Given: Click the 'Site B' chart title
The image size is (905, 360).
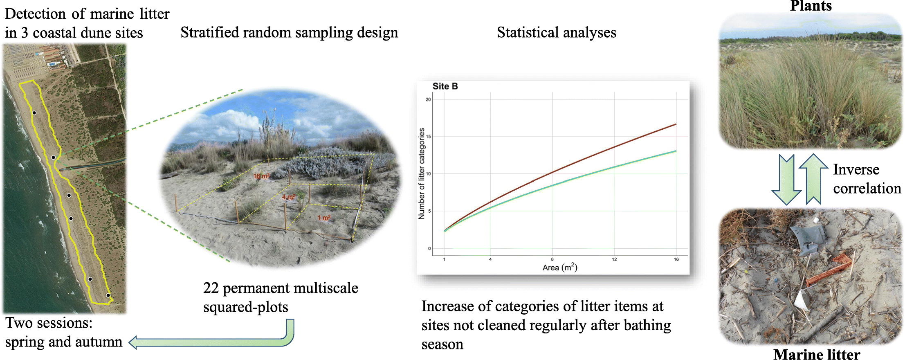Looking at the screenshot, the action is (x=445, y=86).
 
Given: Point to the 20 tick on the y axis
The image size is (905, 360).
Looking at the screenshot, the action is (x=428, y=99).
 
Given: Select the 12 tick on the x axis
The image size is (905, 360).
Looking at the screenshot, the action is (x=614, y=259).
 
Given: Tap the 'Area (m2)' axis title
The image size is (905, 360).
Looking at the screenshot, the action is (x=560, y=268).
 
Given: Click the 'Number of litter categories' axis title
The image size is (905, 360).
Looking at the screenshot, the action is (x=421, y=173).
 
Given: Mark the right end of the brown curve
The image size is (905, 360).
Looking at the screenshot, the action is (x=676, y=124).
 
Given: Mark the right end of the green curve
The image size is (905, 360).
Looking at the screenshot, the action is (x=676, y=151).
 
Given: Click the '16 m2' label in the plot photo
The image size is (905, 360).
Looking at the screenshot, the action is (x=261, y=176).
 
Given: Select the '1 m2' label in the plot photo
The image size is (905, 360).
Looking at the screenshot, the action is (x=324, y=218).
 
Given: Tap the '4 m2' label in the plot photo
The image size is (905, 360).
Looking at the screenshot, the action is (x=288, y=197).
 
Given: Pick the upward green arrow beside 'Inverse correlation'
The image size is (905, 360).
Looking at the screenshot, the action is (x=814, y=179).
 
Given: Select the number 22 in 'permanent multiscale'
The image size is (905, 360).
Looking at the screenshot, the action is (x=211, y=288).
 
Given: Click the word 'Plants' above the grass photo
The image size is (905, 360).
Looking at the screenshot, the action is (x=811, y=6).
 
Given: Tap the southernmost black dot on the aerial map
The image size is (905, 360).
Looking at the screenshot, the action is (x=108, y=295).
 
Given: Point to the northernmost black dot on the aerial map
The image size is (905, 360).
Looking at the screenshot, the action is (x=34, y=113).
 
